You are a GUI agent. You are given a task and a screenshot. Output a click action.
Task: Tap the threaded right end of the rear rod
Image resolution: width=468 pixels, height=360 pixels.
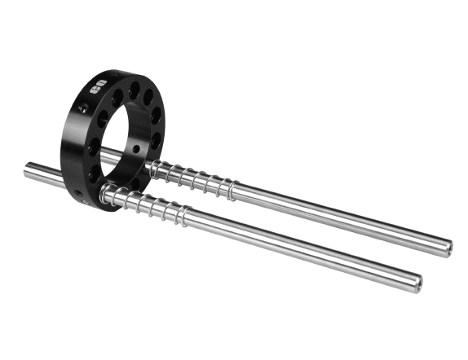point(445,247)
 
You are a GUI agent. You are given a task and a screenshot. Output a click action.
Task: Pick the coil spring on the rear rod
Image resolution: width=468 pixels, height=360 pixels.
point(192,180)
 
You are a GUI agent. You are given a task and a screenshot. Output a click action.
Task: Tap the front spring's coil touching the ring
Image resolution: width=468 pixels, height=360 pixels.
point(107,194)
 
